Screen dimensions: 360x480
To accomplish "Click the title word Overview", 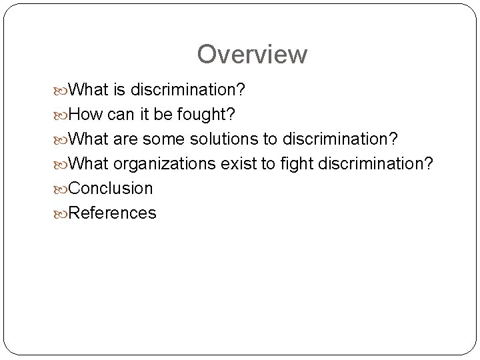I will point(252,54).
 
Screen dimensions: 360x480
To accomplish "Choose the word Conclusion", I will point(111,188).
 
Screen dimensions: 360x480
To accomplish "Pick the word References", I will point(113,213).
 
